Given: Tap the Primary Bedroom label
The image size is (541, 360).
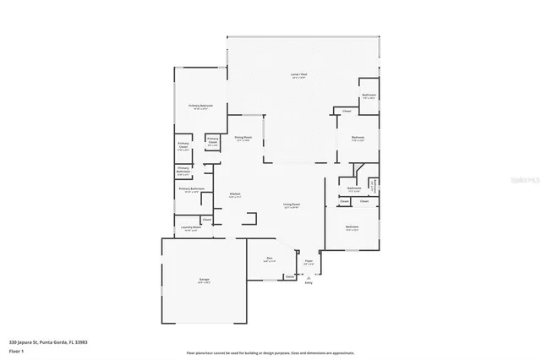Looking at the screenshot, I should pos(200,106).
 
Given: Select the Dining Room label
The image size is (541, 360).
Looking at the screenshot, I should pos(243,138).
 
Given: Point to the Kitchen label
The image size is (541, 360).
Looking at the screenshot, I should pos(235,194).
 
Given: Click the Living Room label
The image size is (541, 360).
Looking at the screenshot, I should pos(292,205).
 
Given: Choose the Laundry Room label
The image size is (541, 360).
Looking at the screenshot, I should pos(191,227).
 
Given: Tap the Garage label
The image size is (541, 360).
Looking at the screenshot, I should pos(205,279).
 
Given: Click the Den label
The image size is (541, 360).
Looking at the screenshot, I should pos(269,259).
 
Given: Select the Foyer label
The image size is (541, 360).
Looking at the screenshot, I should pos(309,263).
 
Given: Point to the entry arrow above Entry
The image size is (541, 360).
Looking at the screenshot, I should pos(309,277).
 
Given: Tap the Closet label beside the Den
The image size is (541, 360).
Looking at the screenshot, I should pos(289,276).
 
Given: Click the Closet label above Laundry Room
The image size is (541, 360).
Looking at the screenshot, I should pos(207,220).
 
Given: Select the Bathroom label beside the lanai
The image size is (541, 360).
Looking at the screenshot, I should pos(369,95).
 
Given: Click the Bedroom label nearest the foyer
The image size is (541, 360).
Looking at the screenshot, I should pos(352,227).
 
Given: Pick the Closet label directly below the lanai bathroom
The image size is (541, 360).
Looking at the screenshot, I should pos(347,112).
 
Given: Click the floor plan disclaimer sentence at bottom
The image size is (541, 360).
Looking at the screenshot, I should pos(270,352).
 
